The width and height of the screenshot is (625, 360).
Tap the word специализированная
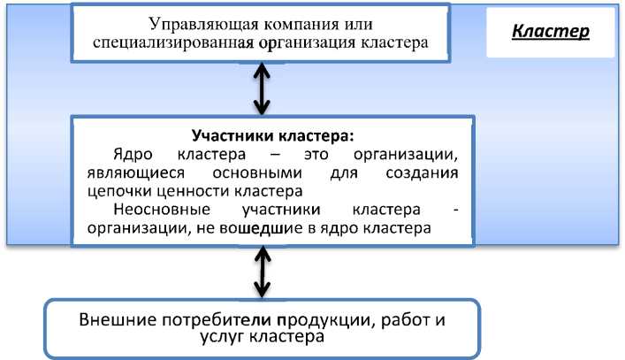tap(171, 42)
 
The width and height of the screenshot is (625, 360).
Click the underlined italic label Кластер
tap(551, 30)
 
